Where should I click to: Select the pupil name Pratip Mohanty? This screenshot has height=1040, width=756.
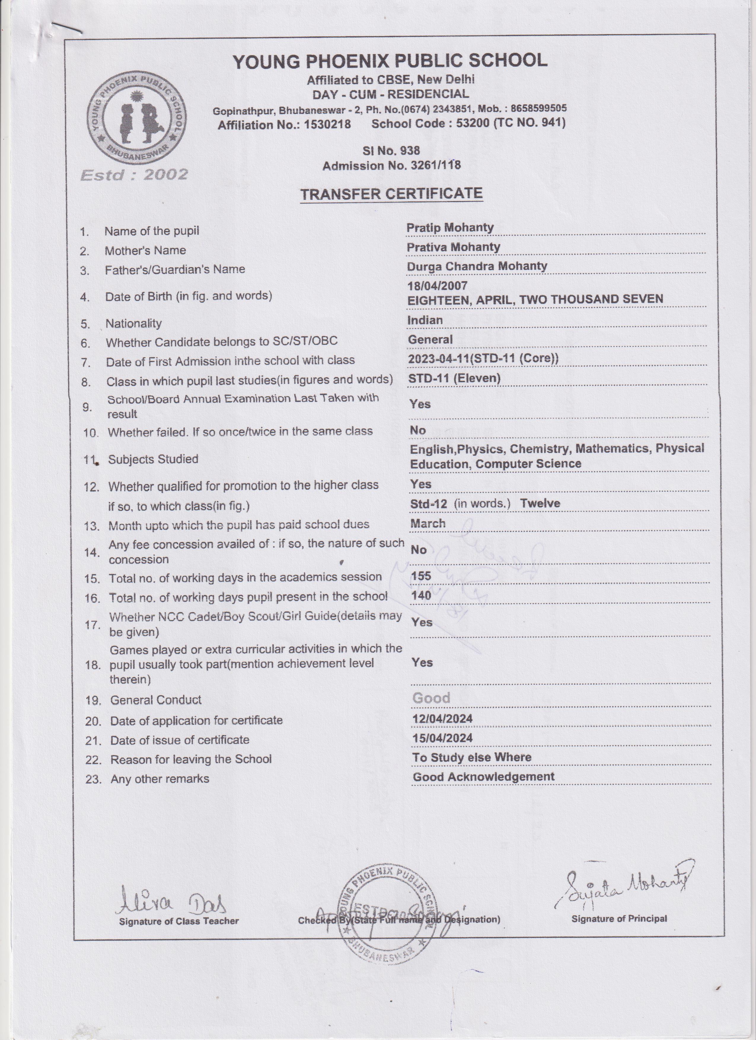[450, 227]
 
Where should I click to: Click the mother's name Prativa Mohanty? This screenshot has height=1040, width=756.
[453, 247]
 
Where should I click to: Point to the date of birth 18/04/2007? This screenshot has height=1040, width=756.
[437, 286]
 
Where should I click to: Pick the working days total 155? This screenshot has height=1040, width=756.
[421, 576]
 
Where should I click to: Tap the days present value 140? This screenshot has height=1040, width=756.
[421, 595]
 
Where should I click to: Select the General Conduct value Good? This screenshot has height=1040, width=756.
[431, 698]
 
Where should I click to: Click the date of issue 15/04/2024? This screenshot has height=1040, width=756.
[442, 738]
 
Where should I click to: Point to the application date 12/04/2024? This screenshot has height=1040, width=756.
[442, 718]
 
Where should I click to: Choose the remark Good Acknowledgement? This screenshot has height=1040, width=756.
[484, 776]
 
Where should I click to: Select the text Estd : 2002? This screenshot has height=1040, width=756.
[134, 175]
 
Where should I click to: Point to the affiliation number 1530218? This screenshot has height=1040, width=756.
[327, 124]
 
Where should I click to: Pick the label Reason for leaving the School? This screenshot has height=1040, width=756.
[191, 759]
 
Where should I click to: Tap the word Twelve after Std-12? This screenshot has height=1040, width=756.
[540, 503]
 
